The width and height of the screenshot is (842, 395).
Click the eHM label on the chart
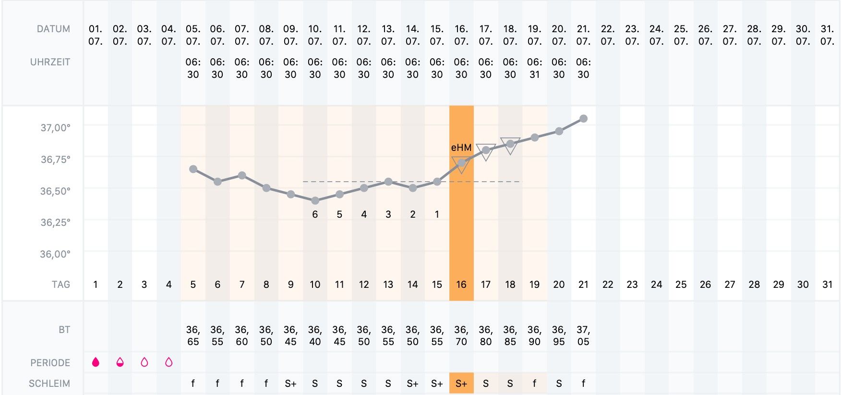(x=461, y=148)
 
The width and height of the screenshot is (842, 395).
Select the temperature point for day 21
(x=583, y=119)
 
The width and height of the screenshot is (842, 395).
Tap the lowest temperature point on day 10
(x=315, y=200)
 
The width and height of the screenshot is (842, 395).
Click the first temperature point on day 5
(x=193, y=169)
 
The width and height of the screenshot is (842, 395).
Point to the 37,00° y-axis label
(x=55, y=128)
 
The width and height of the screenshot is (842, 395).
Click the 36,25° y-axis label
(x=55, y=222)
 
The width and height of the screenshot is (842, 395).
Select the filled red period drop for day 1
(x=96, y=362)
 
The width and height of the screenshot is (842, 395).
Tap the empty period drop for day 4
(x=168, y=362)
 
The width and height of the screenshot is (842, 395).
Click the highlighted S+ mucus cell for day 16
(x=461, y=383)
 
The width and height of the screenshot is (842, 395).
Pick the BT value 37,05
(x=583, y=335)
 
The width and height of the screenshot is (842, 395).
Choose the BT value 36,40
(x=315, y=335)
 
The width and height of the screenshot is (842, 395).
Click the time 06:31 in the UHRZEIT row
(x=534, y=68)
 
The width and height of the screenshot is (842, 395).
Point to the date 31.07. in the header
(x=827, y=35)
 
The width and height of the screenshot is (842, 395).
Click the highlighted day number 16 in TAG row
(x=461, y=284)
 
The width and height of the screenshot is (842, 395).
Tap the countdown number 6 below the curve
(x=315, y=214)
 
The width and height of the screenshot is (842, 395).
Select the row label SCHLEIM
(x=49, y=383)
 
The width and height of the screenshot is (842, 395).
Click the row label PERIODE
(x=50, y=363)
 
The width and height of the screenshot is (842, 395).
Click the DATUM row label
(x=53, y=29)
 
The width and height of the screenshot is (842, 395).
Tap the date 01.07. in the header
(x=96, y=35)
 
